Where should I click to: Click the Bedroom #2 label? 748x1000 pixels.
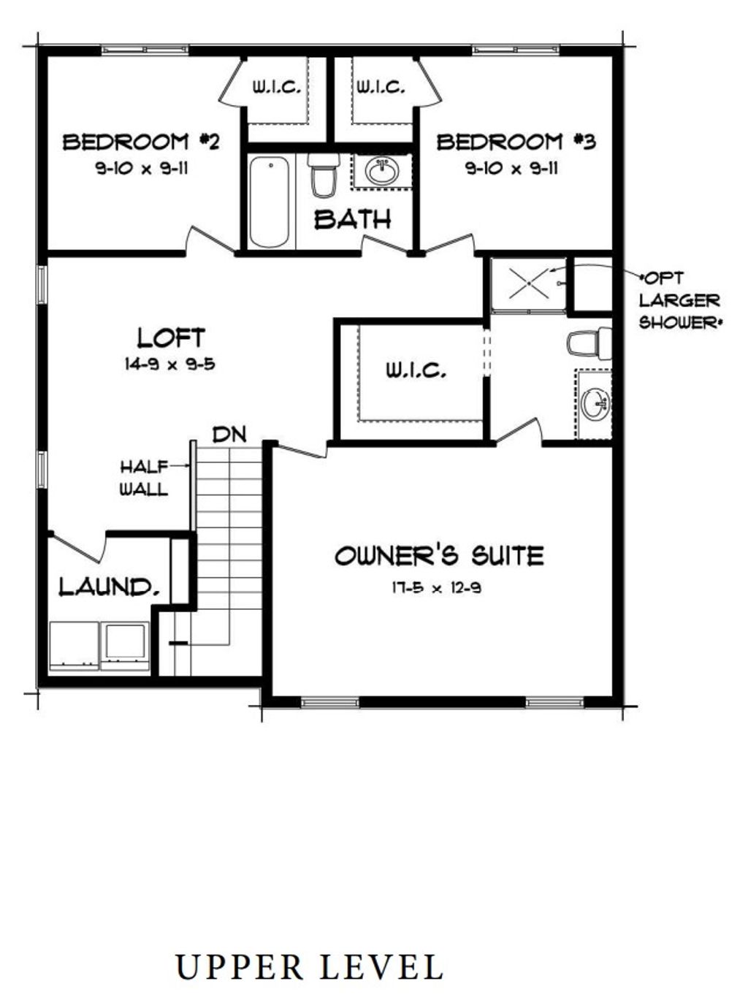141,142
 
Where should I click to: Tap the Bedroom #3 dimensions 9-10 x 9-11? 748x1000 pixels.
512,169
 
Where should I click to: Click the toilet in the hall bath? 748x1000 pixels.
322,176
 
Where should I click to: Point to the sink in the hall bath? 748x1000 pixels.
381,172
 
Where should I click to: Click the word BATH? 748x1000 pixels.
352,219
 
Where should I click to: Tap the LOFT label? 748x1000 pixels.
171,337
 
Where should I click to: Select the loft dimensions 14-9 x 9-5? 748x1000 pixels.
169,363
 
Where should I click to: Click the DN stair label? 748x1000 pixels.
229,435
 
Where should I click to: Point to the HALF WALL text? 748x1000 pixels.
144,478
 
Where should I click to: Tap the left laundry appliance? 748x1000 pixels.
74,645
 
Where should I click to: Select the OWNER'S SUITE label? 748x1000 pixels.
439,557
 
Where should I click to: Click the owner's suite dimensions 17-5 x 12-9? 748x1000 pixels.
436,587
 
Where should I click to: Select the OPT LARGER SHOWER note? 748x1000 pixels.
679,300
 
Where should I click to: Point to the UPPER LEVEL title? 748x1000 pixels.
309,967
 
